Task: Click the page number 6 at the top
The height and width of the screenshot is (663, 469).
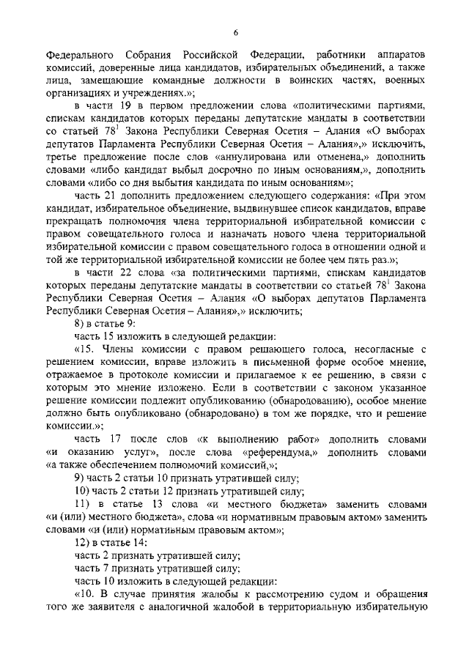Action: tap(236, 31)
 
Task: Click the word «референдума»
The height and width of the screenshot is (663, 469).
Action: tap(289, 451)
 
